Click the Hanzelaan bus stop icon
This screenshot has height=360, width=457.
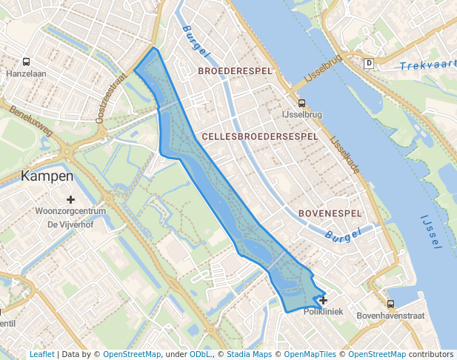[x=27, y=63]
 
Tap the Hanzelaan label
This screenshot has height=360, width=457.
[x=27, y=75]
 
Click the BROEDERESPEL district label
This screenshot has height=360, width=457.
[x=235, y=71]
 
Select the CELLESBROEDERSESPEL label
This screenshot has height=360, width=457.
[x=259, y=137]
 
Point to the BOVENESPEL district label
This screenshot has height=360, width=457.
[x=330, y=213]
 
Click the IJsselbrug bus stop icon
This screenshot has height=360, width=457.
[x=301, y=104]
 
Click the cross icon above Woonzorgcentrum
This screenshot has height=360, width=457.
[x=70, y=199]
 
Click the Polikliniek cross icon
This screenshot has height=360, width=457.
[x=323, y=300]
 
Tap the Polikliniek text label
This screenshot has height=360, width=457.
[x=324, y=312]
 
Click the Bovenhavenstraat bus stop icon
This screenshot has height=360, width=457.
[x=390, y=304]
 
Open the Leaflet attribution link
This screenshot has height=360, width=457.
[x=41, y=354]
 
